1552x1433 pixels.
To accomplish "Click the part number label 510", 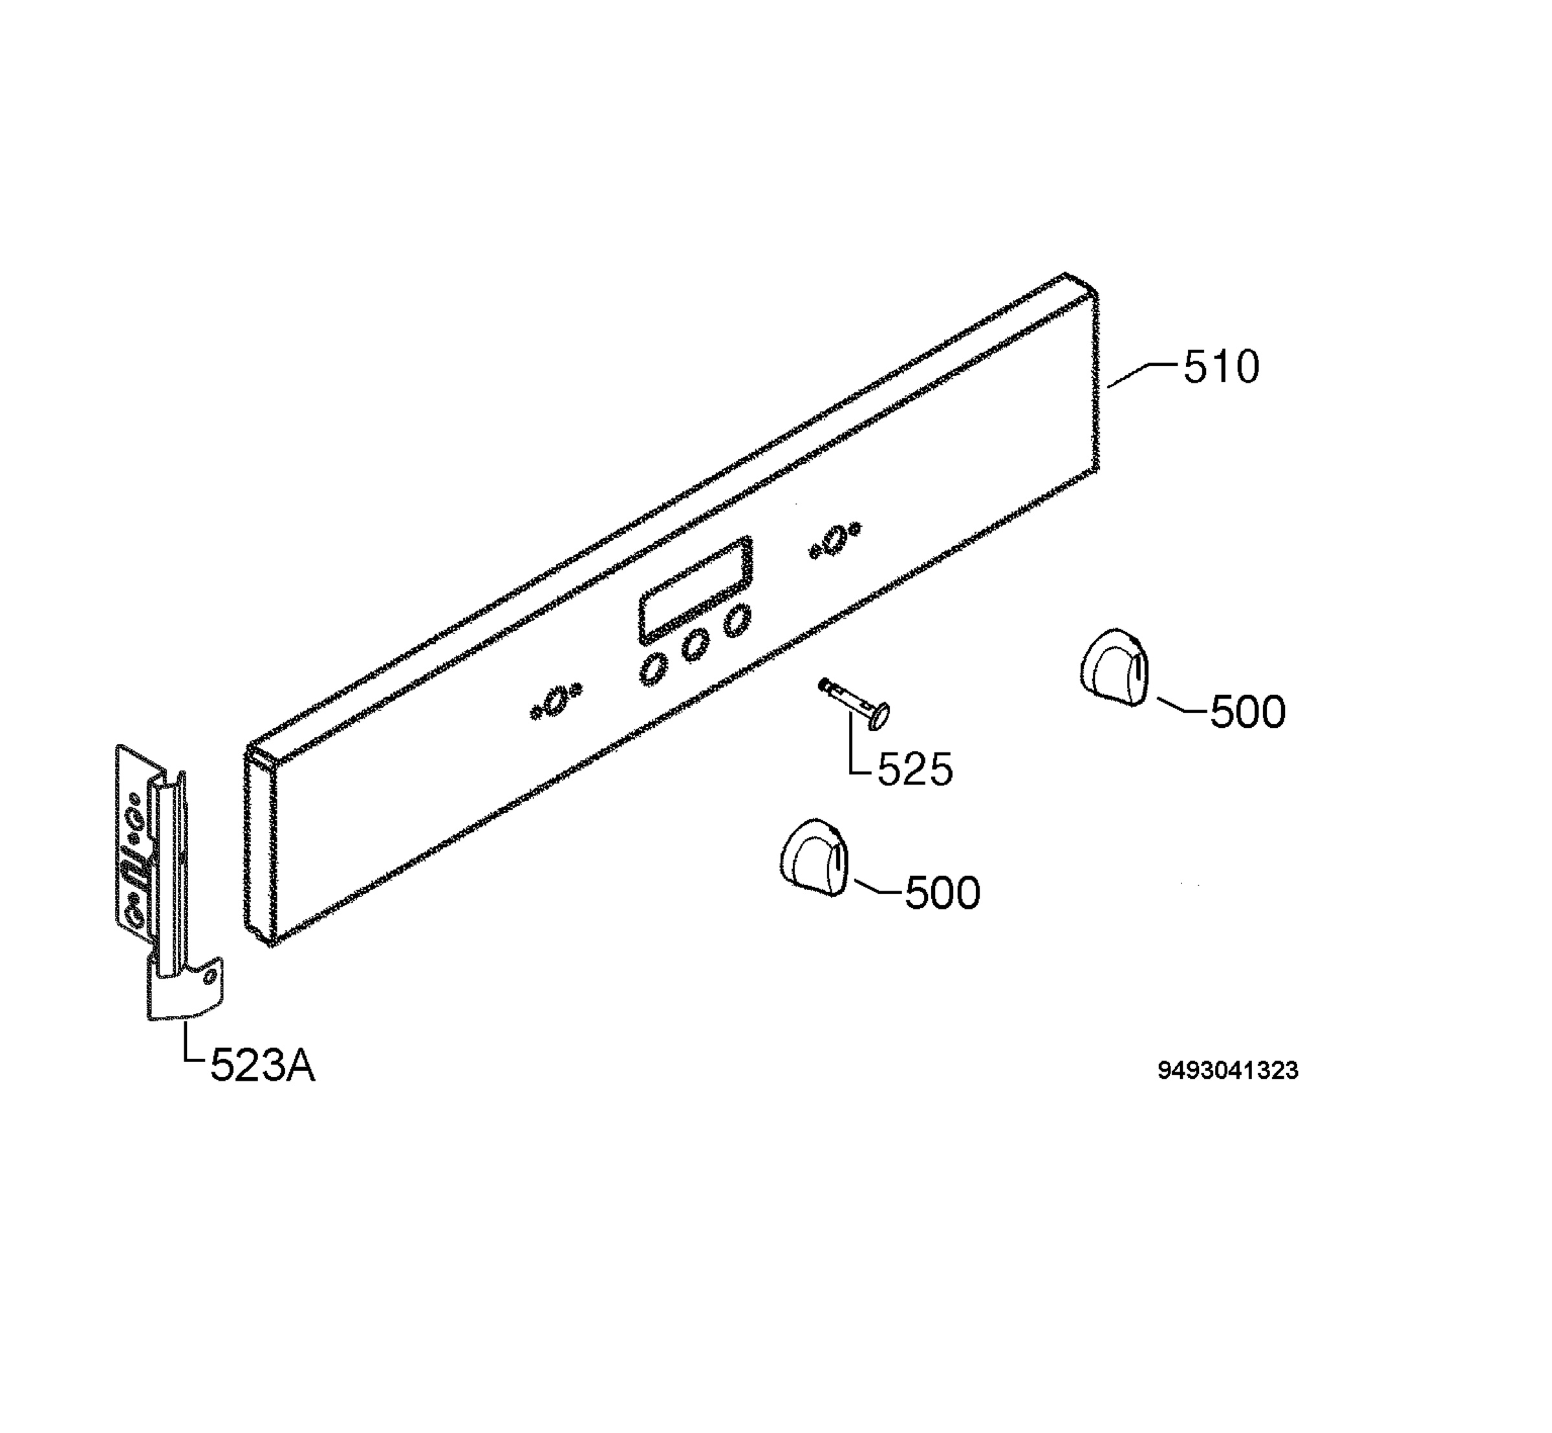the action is coord(1221,366).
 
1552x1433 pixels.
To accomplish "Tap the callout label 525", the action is coord(915,769).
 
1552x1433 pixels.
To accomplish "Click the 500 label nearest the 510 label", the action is coord(1248,711).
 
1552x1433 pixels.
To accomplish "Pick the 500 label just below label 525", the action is coord(942,893).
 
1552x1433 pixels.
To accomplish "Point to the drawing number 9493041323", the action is coord(1228,1071).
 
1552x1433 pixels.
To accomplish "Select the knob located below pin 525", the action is coord(814,857).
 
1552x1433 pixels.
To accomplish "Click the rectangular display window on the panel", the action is coord(695,590).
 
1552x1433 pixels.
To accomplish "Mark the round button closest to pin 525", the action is coord(737,621).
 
